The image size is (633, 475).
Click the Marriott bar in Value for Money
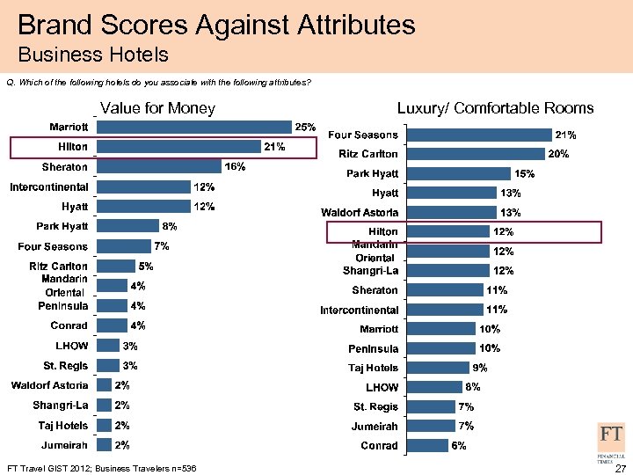pyautogui.click(x=194, y=127)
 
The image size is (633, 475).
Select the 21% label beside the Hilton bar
pyautogui.click(x=273, y=146)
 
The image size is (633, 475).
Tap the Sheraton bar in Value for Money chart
pyautogui.click(x=159, y=166)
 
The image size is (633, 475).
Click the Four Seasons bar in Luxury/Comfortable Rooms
pyautogui.click(x=480, y=135)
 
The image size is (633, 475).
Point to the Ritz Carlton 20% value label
pyautogui.click(x=558, y=154)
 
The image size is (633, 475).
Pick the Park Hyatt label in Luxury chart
pyautogui.click(x=372, y=173)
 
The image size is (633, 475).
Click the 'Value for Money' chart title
pyautogui.click(x=158, y=108)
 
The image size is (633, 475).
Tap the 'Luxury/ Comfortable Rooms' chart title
pyautogui.click(x=495, y=108)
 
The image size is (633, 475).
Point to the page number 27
pyautogui.click(x=619, y=468)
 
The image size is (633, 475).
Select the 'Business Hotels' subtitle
pyautogui.click(x=93, y=55)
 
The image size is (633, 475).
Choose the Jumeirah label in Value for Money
pyautogui.click(x=64, y=445)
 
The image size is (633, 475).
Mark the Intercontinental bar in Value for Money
pyautogui.click(x=144, y=186)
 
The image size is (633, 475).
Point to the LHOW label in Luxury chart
pyautogui.click(x=382, y=388)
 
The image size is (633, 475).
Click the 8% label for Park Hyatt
pyautogui.click(x=170, y=226)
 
